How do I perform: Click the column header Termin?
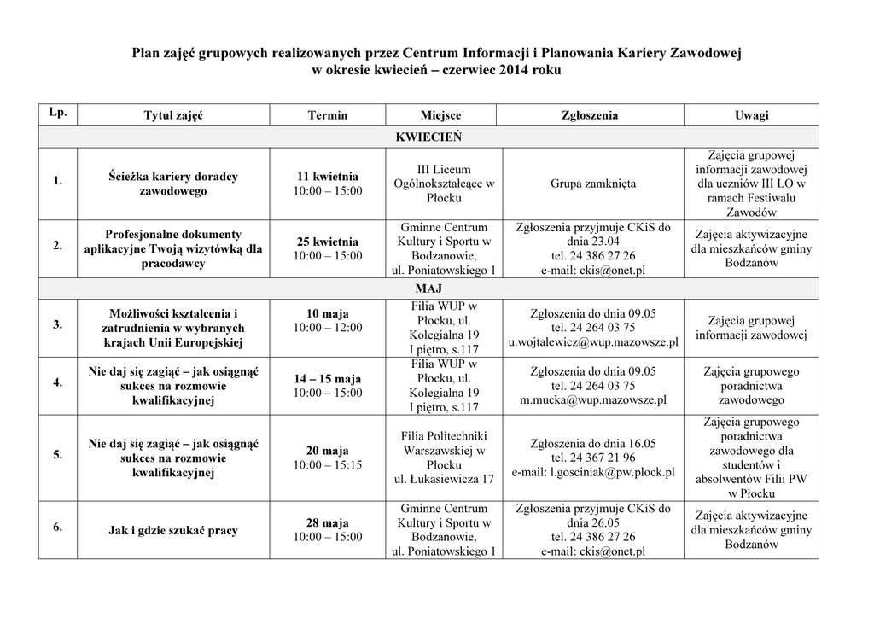click(x=328, y=115)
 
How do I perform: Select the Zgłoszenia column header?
click(x=590, y=115)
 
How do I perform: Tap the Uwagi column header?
click(x=751, y=115)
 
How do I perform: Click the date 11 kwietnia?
click(x=328, y=176)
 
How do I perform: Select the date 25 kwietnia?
click(x=328, y=242)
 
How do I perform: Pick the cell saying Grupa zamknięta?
click(x=593, y=184)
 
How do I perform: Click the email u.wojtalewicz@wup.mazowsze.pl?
click(x=593, y=342)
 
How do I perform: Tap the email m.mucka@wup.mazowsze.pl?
click(x=593, y=399)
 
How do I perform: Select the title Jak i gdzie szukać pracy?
click(x=173, y=530)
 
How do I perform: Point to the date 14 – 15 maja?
click(x=328, y=378)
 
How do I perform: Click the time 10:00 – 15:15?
click(x=328, y=465)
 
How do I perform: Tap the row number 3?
click(x=57, y=325)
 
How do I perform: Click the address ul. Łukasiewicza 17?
click(x=444, y=480)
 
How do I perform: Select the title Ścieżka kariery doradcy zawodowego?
click(x=173, y=184)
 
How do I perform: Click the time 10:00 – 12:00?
click(x=328, y=328)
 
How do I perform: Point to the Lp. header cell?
click(x=57, y=113)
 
